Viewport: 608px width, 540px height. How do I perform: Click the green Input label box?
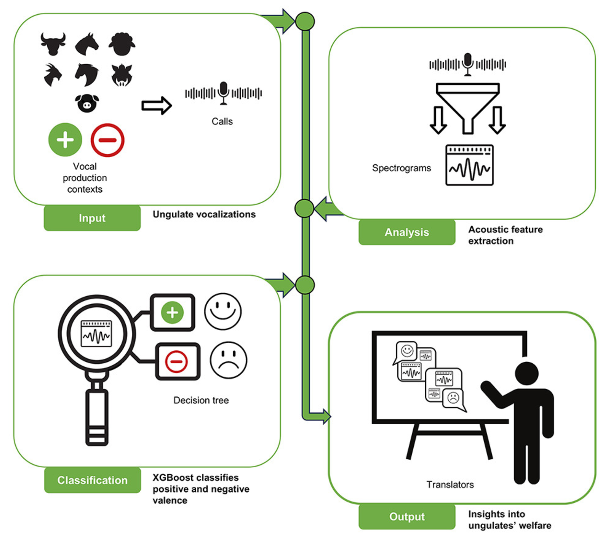tap(92, 218)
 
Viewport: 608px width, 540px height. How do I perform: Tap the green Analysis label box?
tap(407, 232)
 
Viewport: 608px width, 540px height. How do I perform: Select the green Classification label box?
tap(92, 480)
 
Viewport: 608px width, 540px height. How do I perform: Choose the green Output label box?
tap(407, 516)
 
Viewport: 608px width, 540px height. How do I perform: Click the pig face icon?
tap(87, 103)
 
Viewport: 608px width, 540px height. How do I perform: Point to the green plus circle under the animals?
tap(65, 140)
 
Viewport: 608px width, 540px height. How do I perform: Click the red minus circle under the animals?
tap(108, 140)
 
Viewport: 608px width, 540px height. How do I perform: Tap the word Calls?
tap(222, 122)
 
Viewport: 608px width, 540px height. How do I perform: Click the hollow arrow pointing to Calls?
tap(157, 106)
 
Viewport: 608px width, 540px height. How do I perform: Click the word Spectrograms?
tap(402, 168)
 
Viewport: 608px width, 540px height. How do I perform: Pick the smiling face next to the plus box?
tap(223, 311)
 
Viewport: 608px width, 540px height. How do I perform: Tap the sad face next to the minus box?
tap(228, 360)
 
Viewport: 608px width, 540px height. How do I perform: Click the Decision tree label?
tap(201, 400)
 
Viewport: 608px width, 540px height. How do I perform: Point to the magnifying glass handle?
tap(97, 416)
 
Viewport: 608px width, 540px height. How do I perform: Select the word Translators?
tap(450, 485)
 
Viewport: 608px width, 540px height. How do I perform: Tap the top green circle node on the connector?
tap(305, 22)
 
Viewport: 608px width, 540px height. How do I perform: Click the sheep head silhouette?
tap(122, 44)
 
